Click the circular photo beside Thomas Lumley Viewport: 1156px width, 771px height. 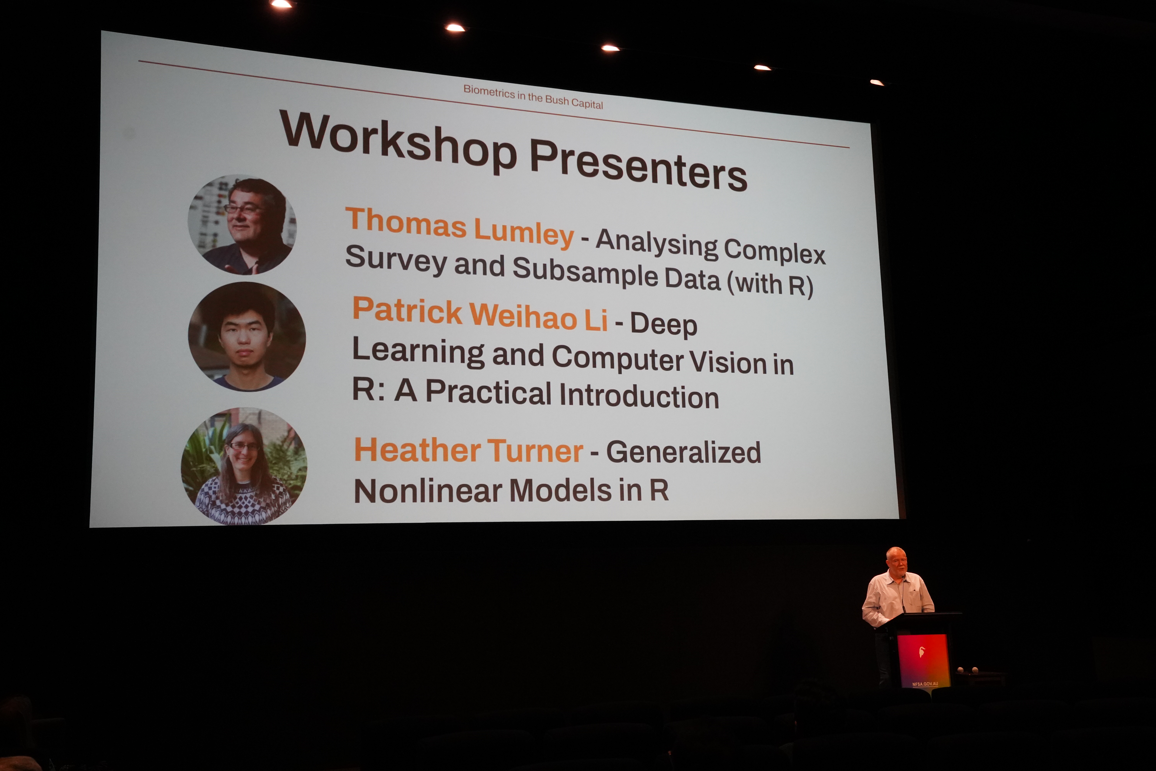(x=242, y=225)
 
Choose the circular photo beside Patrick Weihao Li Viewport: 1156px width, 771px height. (x=247, y=337)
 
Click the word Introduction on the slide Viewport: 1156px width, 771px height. (x=639, y=395)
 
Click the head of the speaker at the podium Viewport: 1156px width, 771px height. (x=896, y=561)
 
